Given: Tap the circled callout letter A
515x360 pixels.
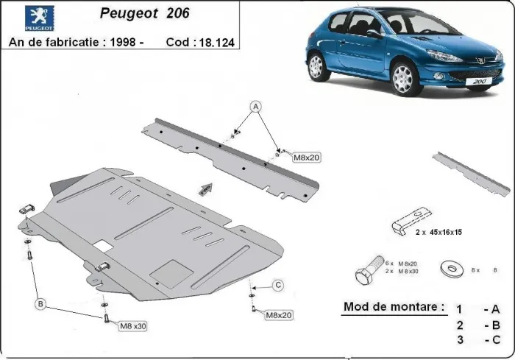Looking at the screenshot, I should pyautogui.click(x=257, y=105).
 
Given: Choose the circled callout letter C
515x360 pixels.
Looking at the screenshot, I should pyautogui.click(x=278, y=285).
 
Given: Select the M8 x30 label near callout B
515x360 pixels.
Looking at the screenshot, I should pyautogui.click(x=133, y=325).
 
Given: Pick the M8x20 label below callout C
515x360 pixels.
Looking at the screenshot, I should pyautogui.click(x=279, y=314).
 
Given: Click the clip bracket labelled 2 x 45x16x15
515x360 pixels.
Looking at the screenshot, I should pyautogui.click(x=408, y=220).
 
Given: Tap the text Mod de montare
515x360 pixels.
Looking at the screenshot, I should pyautogui.click(x=394, y=306).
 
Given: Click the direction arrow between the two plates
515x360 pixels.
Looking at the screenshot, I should pyautogui.click(x=205, y=188).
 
